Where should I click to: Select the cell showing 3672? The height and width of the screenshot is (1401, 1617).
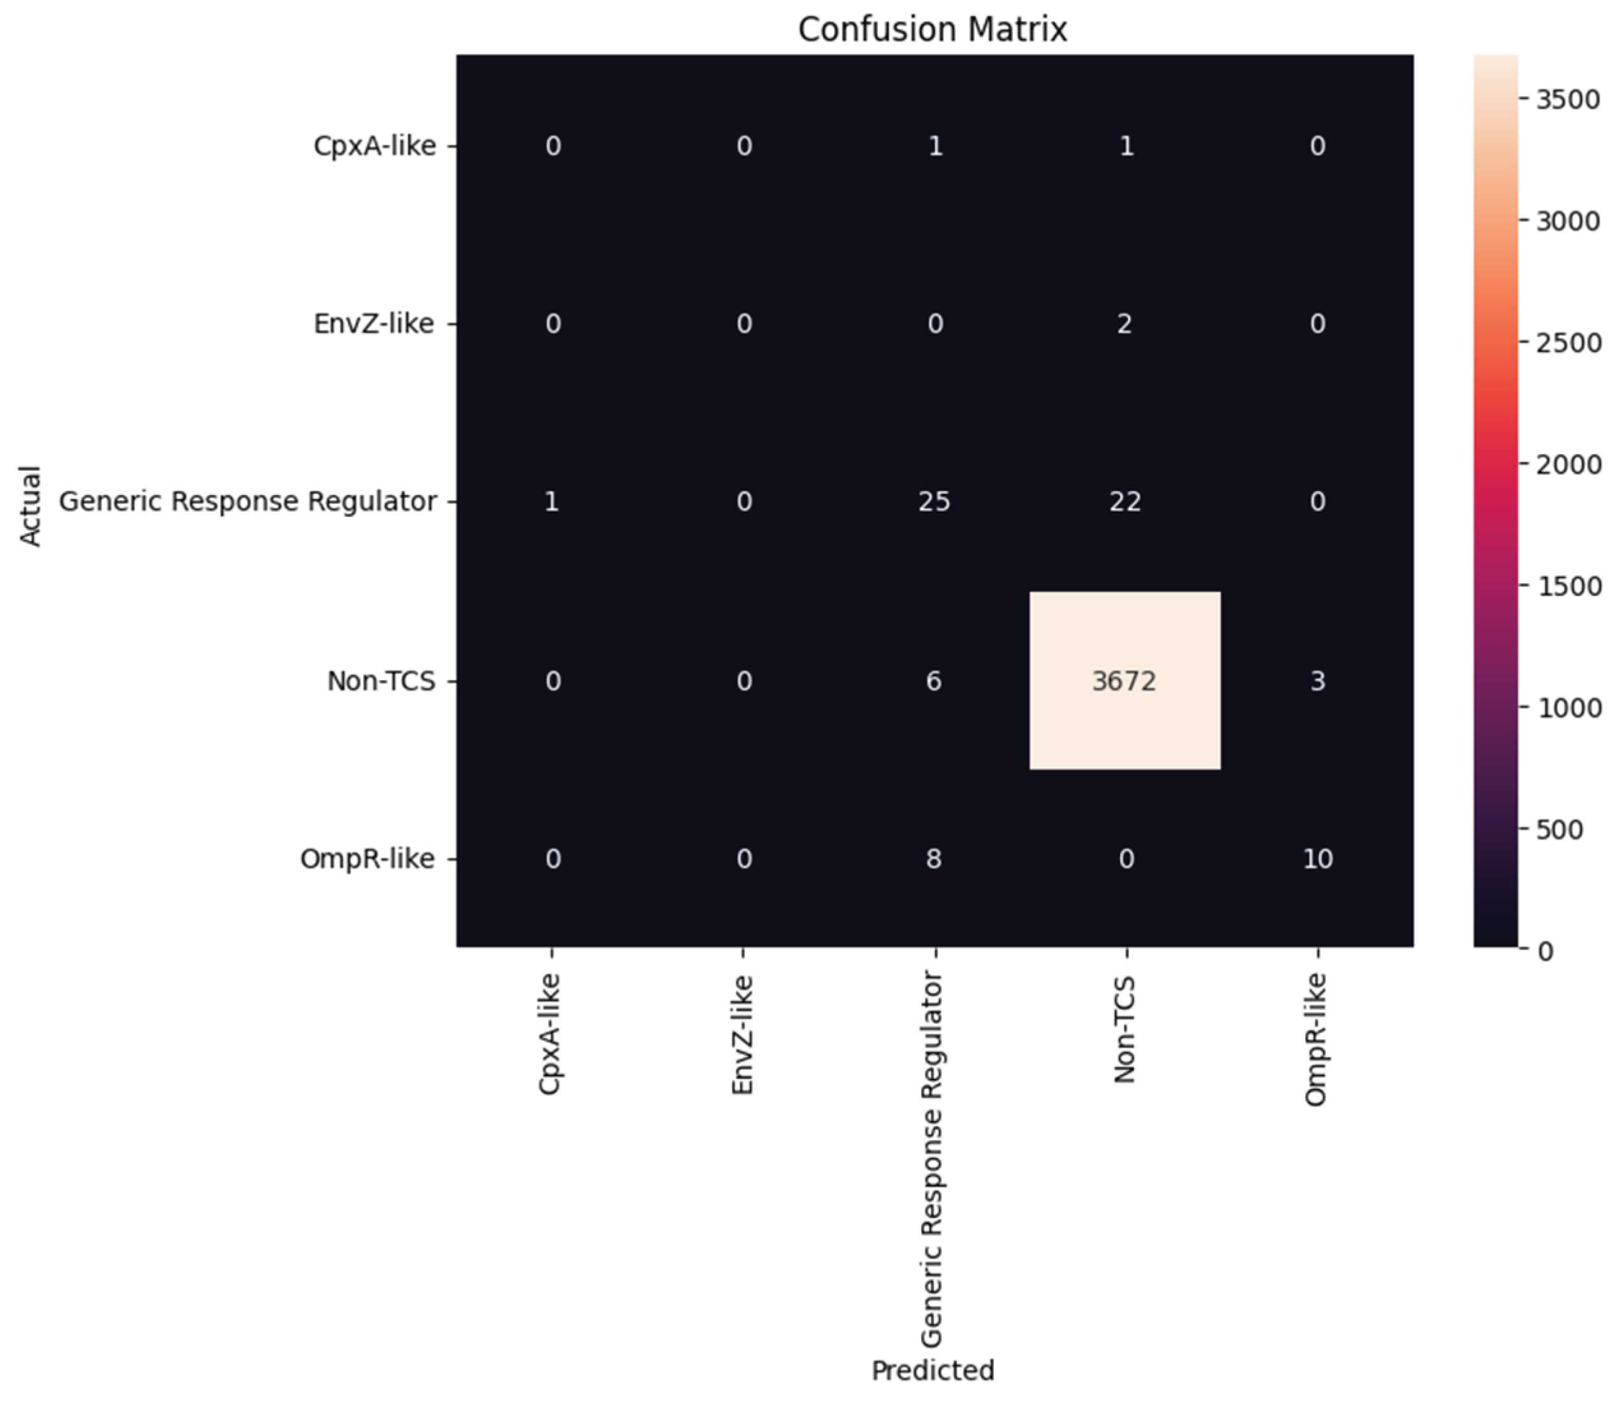pos(1124,681)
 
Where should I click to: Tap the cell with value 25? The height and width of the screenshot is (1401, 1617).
pos(934,501)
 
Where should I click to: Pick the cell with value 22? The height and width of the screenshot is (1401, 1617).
pos(1125,501)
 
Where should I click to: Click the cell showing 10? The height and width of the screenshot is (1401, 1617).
pos(1317,859)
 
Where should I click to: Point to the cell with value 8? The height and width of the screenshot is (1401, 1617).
pos(934,859)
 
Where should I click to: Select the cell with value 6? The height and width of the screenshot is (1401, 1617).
pos(934,681)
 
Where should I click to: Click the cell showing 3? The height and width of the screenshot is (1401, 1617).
pos(1317,681)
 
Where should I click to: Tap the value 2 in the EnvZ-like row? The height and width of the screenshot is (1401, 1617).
pos(1125,323)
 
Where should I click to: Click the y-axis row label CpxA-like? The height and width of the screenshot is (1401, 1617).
pos(374,145)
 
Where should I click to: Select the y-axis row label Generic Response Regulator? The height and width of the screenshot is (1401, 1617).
pos(247,501)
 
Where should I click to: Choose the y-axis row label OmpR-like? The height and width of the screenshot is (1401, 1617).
pos(367,859)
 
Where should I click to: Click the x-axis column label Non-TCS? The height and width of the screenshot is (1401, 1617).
pos(1125,1030)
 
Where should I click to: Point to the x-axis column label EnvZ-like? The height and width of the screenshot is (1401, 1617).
pos(742,1034)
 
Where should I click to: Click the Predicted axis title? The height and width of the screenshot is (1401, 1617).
pos(933,1370)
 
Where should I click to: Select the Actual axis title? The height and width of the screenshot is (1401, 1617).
pos(30,506)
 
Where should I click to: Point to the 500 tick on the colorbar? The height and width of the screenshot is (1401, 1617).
pos(1559,829)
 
